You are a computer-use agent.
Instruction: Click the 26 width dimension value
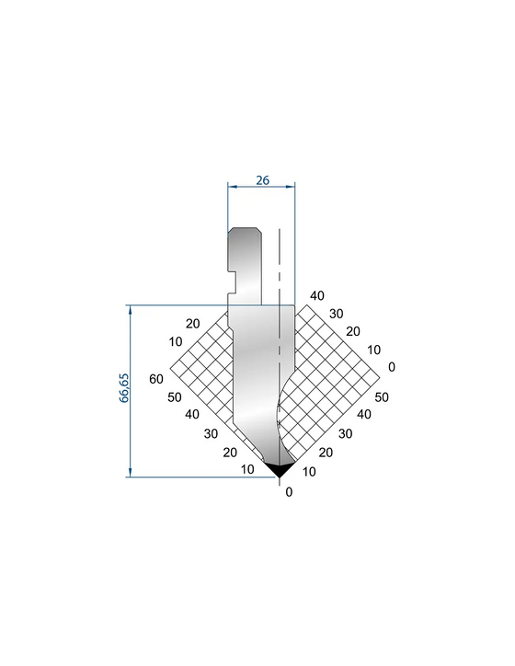[x=262, y=180]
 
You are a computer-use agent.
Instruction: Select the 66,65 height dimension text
[x=123, y=388]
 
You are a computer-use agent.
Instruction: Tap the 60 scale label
[x=155, y=378]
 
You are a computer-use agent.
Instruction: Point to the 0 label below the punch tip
[x=289, y=492]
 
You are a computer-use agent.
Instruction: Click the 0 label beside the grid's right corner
[x=392, y=366]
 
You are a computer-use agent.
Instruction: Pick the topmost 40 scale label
[x=316, y=295]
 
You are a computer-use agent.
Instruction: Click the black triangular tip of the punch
[x=280, y=470]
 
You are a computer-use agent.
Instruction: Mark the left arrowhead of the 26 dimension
[x=232, y=186]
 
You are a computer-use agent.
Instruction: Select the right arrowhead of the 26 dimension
[x=291, y=186]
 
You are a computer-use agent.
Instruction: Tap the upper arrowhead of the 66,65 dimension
[x=130, y=309]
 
